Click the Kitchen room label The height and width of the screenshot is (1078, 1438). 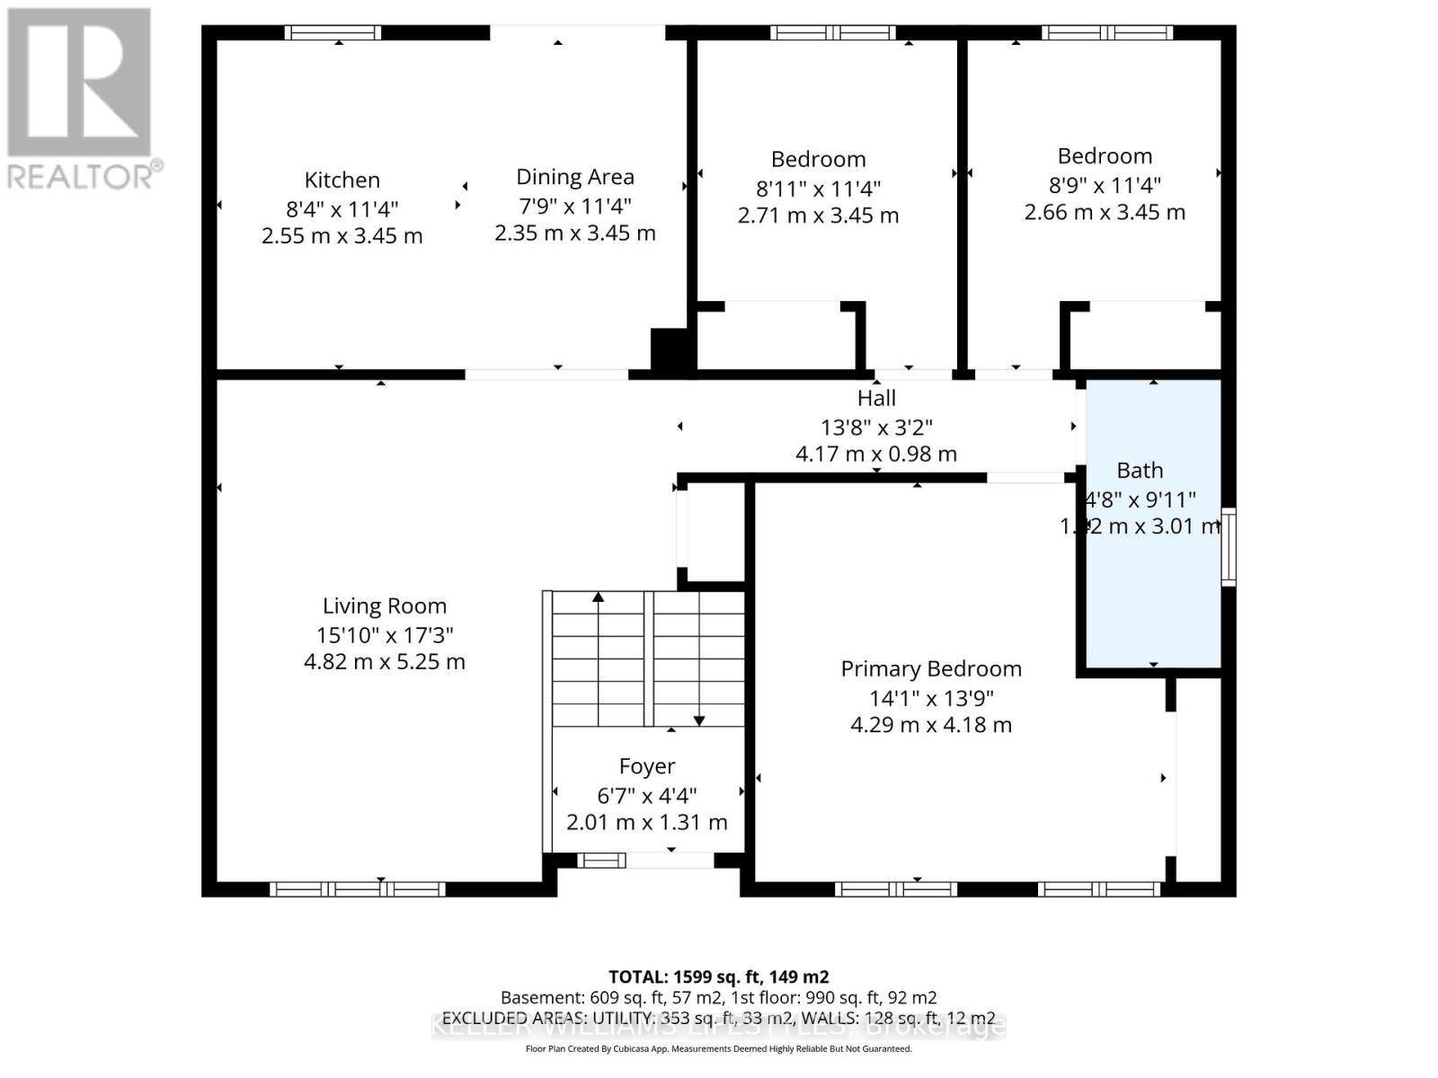[342, 180]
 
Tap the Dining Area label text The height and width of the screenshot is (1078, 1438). [574, 177]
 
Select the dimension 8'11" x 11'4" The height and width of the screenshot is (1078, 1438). [818, 188]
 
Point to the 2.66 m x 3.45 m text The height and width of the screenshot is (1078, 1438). [1105, 213]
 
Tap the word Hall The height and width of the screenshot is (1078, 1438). [876, 398]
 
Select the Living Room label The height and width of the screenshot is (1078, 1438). [385, 606]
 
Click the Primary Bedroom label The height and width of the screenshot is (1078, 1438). [931, 669]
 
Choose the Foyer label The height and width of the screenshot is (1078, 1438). [647, 766]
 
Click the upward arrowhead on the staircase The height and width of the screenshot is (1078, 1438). [599, 597]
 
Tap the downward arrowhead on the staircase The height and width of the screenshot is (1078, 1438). [699, 720]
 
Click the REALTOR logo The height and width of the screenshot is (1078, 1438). [81, 99]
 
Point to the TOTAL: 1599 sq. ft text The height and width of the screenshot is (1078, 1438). [718, 976]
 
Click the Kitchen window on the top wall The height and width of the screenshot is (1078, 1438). [333, 33]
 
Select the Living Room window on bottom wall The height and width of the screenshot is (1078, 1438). [358, 889]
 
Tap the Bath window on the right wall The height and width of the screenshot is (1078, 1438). [1229, 547]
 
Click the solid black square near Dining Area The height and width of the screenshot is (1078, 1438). [669, 349]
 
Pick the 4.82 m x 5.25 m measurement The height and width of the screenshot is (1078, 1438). [385, 662]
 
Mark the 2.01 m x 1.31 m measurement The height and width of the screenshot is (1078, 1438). [647, 822]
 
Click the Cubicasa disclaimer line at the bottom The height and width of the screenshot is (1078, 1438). [718, 1048]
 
